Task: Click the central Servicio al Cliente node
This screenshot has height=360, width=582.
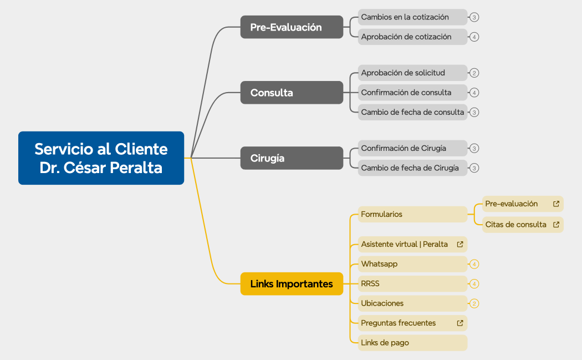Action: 101,158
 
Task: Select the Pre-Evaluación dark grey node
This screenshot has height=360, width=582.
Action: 292,27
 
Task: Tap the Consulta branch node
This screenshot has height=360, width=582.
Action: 292,93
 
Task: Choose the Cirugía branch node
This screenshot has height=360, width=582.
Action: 292,158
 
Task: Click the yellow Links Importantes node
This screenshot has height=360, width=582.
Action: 292,284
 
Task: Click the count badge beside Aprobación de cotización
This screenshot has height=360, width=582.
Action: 474,37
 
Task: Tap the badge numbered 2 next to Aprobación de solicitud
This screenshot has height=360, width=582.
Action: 474,73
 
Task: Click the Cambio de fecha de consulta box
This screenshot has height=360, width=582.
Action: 412,112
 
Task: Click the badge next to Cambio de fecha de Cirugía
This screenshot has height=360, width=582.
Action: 474,168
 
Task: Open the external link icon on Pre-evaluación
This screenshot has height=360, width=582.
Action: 556,204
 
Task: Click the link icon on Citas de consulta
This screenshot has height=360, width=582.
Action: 556,225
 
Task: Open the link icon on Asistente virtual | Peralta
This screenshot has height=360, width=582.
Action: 460,244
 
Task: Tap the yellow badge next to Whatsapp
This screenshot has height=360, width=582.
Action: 474,264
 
